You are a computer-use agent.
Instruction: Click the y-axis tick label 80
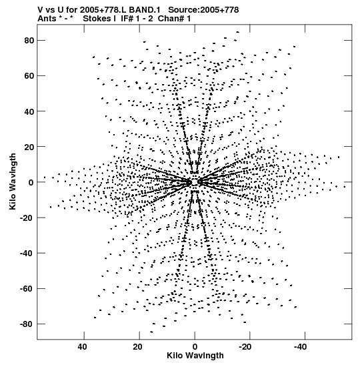pyautogui.click(x=29, y=41)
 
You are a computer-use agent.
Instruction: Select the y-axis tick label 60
pyautogui.click(x=29, y=76)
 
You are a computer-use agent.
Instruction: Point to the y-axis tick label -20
pyautogui.click(x=27, y=218)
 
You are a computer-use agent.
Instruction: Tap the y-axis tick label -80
pyautogui.click(x=27, y=324)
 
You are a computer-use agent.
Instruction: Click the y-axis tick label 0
pyautogui.click(x=31, y=183)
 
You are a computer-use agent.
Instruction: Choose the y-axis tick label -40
pyautogui.click(x=27, y=254)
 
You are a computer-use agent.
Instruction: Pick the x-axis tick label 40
pyautogui.click(x=83, y=347)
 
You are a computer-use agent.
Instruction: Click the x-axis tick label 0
pyautogui.click(x=195, y=347)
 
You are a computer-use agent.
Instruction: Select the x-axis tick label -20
pyautogui.click(x=245, y=347)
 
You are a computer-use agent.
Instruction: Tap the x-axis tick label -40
pyautogui.click(x=300, y=347)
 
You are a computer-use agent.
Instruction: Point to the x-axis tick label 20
pyautogui.click(x=138, y=347)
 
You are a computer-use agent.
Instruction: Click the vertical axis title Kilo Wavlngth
pyautogui.click(x=13, y=181)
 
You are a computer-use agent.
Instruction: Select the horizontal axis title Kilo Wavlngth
pyautogui.click(x=195, y=356)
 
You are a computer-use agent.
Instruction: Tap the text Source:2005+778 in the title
pyautogui.click(x=203, y=10)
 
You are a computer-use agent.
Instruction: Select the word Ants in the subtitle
pyautogui.click(x=47, y=19)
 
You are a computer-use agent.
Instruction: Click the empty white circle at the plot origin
pyautogui.click(x=195, y=182)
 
